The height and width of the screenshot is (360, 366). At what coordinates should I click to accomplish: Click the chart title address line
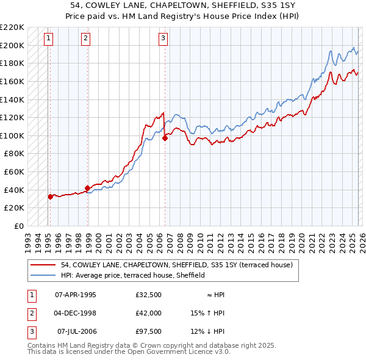[x=182, y=5]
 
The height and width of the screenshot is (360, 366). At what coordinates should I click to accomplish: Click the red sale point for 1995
[x=50, y=196]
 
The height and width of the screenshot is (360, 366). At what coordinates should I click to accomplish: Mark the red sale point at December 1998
[x=87, y=188]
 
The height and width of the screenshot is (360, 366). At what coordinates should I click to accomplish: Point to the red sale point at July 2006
[x=165, y=138]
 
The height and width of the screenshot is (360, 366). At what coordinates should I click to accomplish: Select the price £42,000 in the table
[x=149, y=313]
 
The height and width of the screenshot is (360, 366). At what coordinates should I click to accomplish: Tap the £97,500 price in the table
[x=149, y=331]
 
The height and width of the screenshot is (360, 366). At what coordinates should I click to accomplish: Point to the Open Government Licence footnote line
[x=129, y=352]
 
